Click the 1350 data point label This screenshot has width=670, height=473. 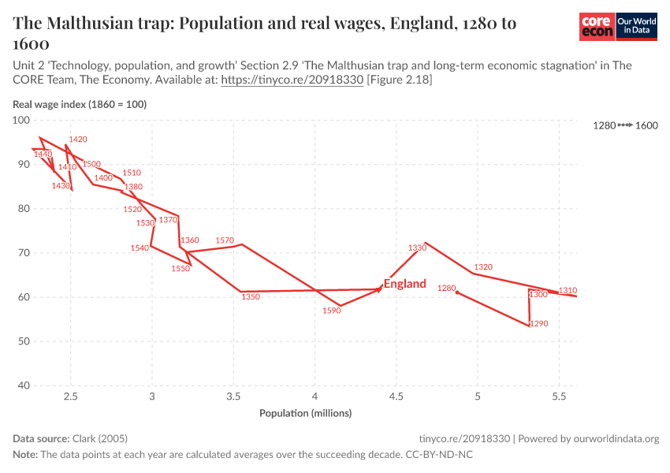point(250,297)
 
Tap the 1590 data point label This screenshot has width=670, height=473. point(331,311)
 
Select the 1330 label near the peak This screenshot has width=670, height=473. point(417,248)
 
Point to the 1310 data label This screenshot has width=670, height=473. point(568,290)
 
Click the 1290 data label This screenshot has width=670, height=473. point(538,324)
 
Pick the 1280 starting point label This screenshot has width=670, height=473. point(447,289)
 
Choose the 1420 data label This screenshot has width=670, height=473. point(78,140)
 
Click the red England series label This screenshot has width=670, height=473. point(404,284)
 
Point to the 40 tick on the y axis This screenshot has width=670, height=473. point(24,385)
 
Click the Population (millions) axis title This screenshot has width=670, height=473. point(306,413)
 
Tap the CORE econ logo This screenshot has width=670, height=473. point(597,27)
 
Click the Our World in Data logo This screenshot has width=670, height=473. point(635,27)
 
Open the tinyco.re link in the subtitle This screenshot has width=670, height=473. point(292,80)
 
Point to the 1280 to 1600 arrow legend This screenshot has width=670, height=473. point(625,125)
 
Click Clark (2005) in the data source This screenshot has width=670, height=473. point(99,438)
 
